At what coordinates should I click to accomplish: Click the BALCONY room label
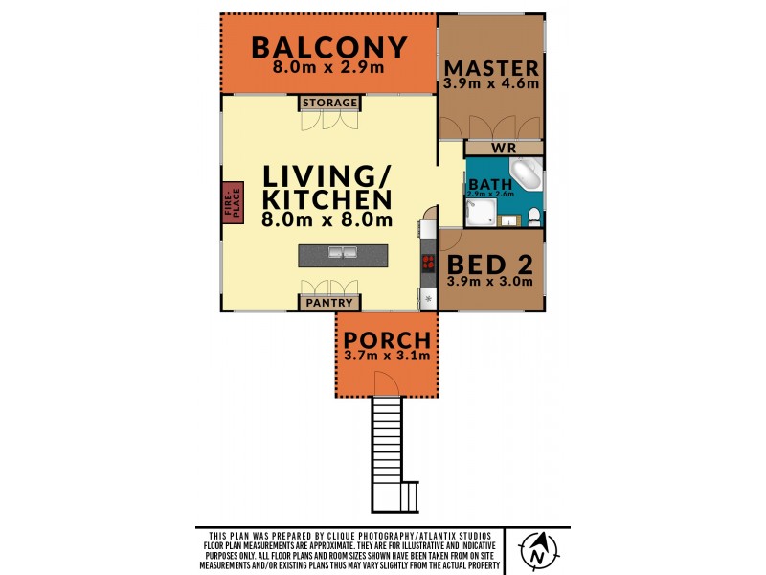tap(329, 47)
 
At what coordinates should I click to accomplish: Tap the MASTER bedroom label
tap(491, 68)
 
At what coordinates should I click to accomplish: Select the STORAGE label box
tap(329, 103)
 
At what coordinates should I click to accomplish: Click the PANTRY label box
tap(329, 303)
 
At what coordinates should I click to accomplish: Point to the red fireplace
tap(234, 203)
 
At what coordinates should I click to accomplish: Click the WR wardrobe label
tap(504, 148)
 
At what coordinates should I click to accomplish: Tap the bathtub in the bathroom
tap(526, 174)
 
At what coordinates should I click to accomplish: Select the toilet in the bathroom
tap(534, 218)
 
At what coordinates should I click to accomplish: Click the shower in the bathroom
tap(481, 213)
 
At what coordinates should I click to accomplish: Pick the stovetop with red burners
tap(428, 263)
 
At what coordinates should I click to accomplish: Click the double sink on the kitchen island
tap(343, 253)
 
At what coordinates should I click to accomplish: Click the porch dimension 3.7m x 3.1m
tap(387, 356)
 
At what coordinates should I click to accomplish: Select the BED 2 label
tap(490, 264)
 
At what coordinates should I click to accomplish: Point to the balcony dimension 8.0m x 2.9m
tap(328, 67)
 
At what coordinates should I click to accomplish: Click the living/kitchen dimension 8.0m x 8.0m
tap(327, 219)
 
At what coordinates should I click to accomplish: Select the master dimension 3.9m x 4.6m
tap(491, 83)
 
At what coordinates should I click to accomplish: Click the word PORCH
tap(387, 340)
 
